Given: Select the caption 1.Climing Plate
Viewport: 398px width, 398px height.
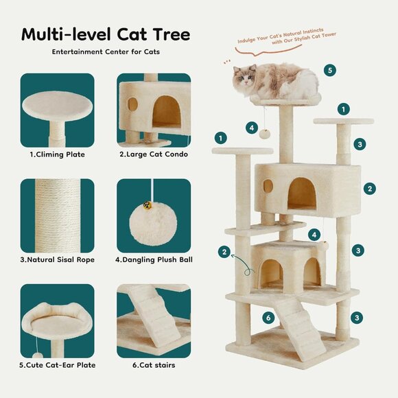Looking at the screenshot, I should coord(57,154).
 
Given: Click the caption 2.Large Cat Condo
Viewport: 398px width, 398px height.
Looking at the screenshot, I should coord(153,154).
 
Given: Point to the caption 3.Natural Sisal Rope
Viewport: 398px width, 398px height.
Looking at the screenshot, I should coord(57,259).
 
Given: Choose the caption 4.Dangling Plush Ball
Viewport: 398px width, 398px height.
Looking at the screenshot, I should coord(153,259).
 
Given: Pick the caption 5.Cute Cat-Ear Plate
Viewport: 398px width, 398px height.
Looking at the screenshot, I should coord(57,365).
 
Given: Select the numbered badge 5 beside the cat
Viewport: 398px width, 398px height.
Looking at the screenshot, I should coord(330,70).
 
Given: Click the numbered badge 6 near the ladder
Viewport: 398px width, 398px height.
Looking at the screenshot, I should coord(268,318).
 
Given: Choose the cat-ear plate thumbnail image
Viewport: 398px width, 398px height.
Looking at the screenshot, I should coord(57,319).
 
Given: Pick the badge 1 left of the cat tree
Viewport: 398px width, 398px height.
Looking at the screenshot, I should coord(220,138).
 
